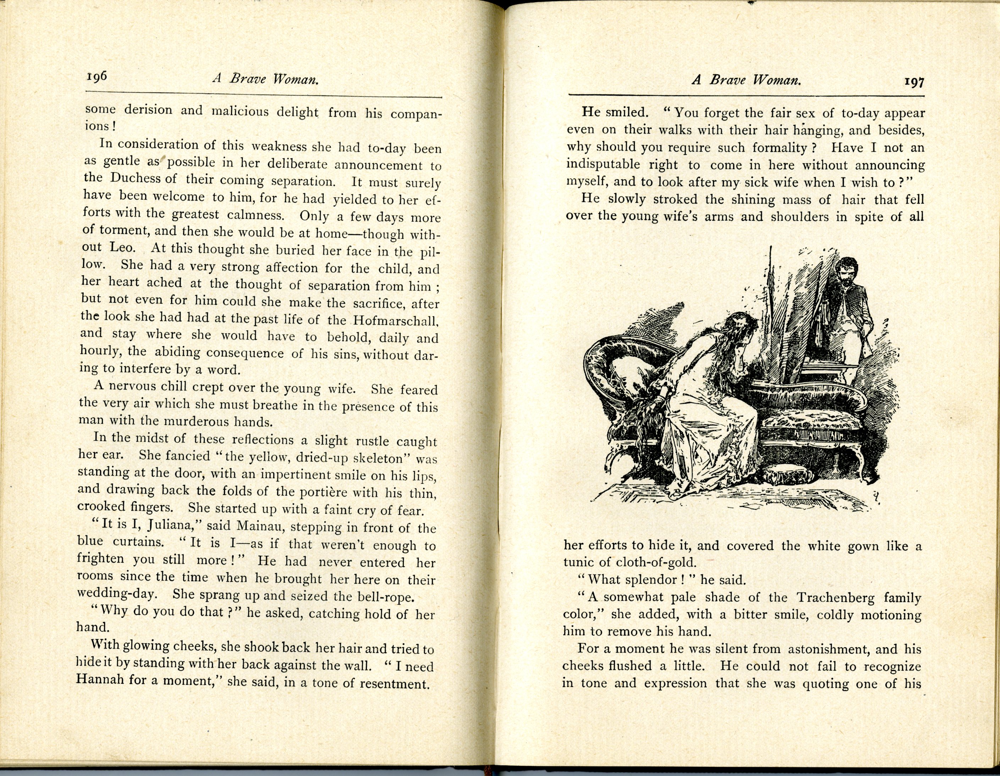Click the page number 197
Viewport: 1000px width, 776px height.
913,82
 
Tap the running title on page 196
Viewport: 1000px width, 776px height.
265,79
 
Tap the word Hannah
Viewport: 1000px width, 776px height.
100,679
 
